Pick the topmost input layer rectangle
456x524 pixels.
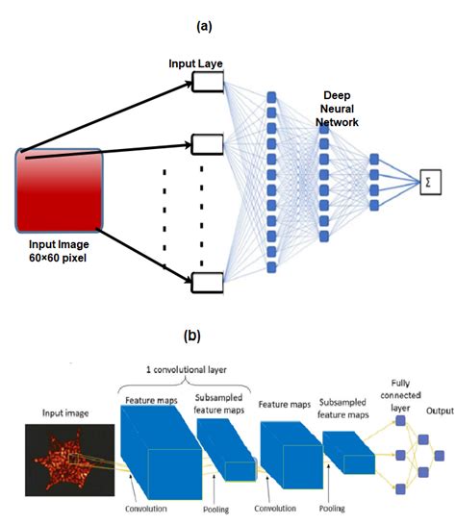point(207,84)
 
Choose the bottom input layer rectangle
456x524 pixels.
point(207,282)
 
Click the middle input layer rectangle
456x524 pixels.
point(207,144)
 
